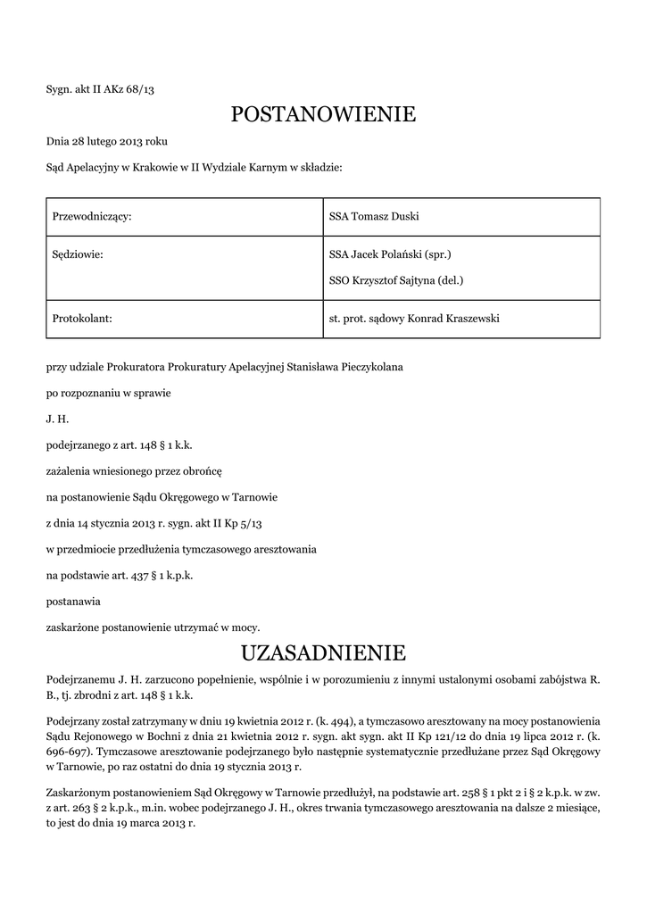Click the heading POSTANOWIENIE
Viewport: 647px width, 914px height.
click(x=323, y=114)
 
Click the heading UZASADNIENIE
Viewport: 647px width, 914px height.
click(x=323, y=651)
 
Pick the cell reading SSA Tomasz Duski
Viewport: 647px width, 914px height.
click(x=374, y=216)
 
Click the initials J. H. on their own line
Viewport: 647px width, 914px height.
click(x=57, y=419)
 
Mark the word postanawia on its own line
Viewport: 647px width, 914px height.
click(x=73, y=601)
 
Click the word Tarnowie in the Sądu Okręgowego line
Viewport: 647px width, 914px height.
click(x=255, y=497)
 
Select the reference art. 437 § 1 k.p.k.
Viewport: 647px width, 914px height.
click(x=147, y=575)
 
